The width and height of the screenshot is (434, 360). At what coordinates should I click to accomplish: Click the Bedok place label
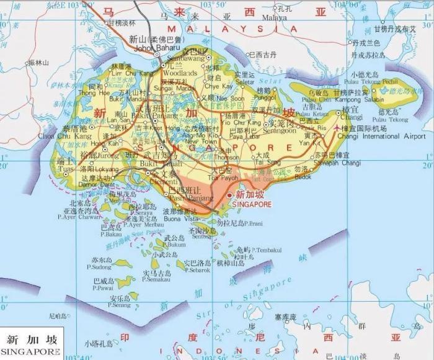point(303,176)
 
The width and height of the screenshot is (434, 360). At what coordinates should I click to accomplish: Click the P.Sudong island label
point(100,267)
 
